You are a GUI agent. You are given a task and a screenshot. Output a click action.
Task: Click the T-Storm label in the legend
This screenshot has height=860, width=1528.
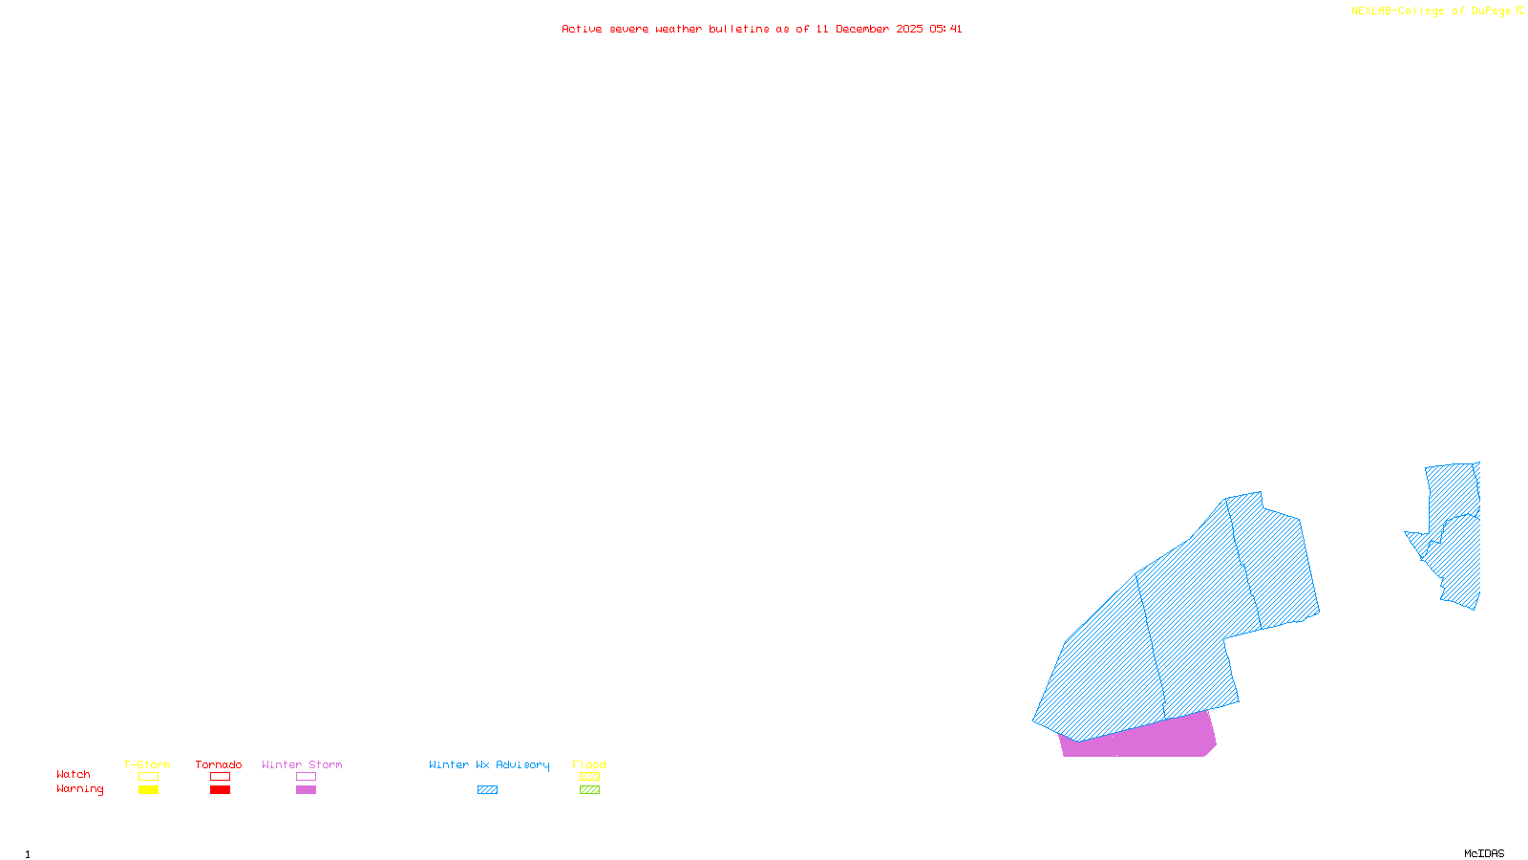147,764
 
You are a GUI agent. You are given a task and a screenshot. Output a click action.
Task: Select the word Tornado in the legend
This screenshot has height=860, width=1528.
219,764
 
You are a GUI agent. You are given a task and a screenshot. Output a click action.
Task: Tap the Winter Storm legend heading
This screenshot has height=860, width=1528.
302,764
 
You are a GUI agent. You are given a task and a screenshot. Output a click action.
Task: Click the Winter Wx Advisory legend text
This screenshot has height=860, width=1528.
489,764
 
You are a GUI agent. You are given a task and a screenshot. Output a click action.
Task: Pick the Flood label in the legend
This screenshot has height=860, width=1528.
589,764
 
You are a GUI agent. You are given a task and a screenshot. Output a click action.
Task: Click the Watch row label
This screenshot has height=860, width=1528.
74,774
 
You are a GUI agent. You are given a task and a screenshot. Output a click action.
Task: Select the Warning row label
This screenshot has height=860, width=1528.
80,789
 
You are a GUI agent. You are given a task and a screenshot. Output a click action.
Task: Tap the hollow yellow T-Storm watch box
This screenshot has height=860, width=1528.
148,777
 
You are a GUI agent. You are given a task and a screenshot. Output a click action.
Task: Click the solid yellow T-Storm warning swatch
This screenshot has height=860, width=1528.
148,790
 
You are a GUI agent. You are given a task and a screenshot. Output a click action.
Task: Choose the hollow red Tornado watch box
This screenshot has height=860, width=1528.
220,777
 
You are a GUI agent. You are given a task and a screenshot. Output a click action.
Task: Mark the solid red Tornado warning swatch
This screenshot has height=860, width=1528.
220,790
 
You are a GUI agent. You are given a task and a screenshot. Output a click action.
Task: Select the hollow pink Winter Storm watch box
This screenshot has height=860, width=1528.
306,777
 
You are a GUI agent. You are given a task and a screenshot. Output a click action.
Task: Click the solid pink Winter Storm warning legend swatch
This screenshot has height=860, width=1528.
306,790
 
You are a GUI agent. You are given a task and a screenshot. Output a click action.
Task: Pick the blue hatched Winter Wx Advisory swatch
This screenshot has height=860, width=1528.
487,790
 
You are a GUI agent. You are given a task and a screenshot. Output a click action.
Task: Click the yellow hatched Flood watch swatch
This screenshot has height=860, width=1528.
589,777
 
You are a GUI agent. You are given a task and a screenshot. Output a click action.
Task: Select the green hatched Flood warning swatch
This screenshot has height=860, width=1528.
589,790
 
